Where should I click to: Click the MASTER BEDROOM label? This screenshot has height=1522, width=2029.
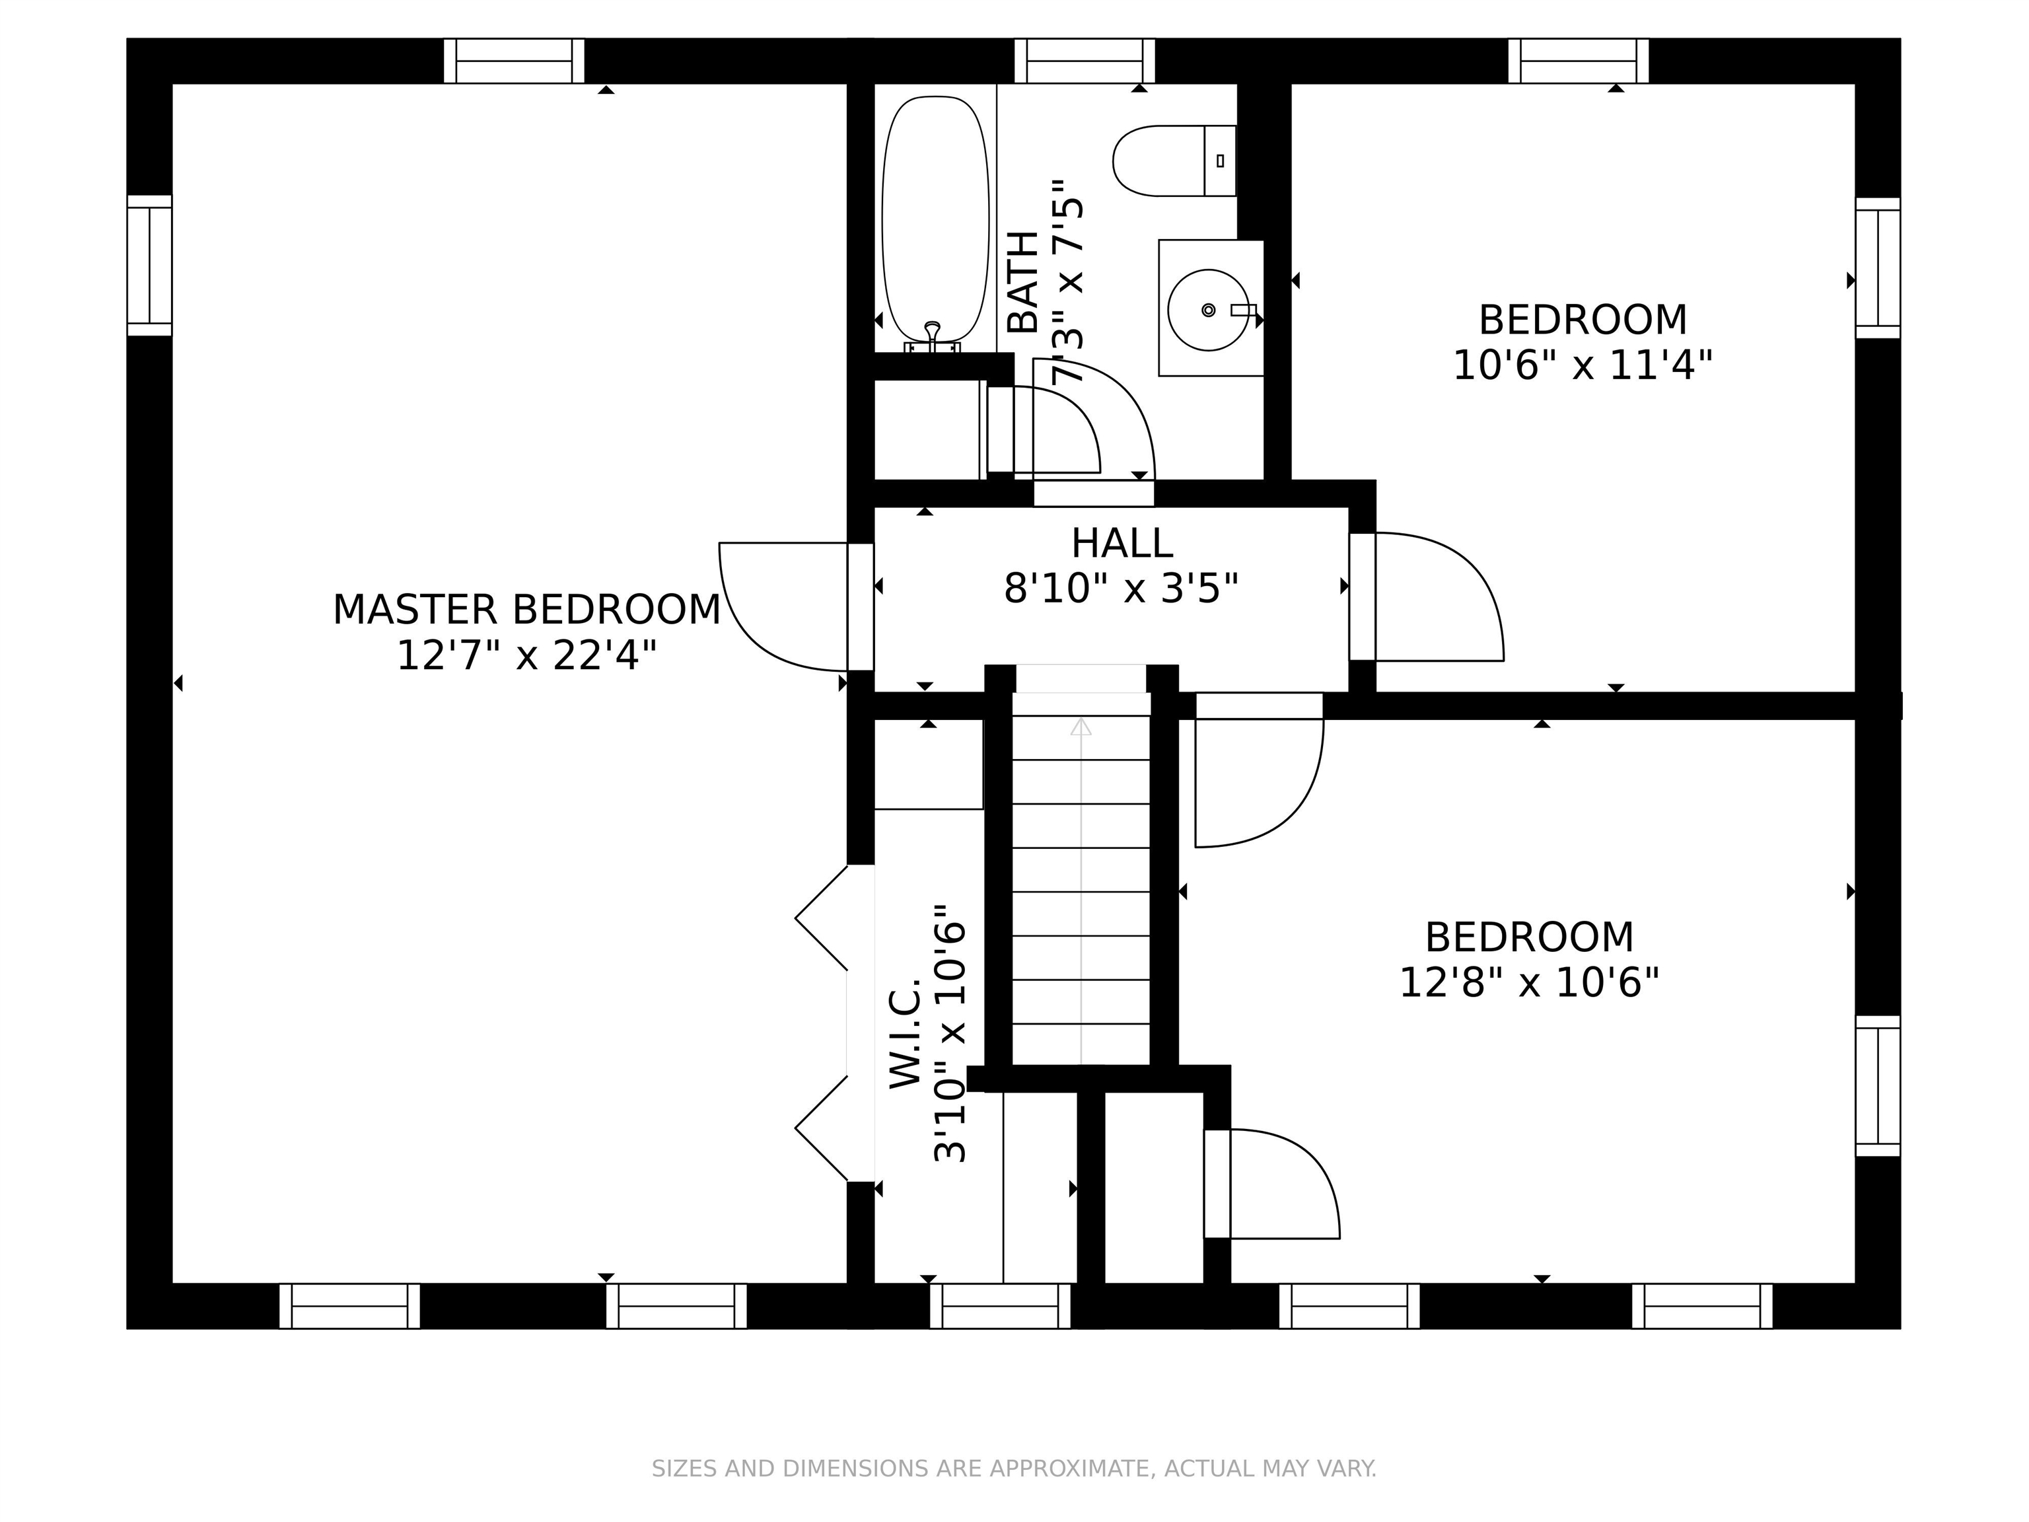[x=526, y=610]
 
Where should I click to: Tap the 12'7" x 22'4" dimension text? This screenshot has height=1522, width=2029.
[x=526, y=656]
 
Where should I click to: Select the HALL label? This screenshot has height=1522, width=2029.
[x=1121, y=543]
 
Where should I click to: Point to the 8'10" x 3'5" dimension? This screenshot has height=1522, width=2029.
[x=1121, y=588]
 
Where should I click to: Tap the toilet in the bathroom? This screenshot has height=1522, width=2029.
[x=1174, y=161]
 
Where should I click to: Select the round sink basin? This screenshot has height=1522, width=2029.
[x=1208, y=310]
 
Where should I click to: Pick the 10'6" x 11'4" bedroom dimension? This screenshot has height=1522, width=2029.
[x=1583, y=365]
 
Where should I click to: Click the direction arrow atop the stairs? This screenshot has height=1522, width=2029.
[x=1081, y=727]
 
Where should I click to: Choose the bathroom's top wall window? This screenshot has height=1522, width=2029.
[x=1085, y=61]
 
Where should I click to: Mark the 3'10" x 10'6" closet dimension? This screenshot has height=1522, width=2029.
[x=950, y=1033]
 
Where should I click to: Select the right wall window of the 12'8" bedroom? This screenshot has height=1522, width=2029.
[x=1878, y=1085]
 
